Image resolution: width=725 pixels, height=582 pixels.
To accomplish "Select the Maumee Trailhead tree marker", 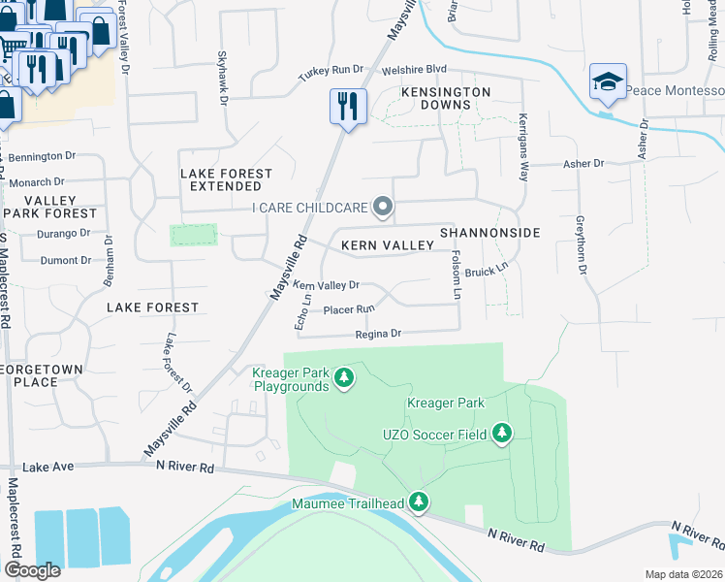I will pos(419,502).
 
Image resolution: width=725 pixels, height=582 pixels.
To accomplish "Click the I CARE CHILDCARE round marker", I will pos(384,207).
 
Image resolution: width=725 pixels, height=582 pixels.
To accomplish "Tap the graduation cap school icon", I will pos(607,81).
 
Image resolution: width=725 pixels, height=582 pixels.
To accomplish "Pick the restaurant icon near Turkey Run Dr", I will pos(347,105).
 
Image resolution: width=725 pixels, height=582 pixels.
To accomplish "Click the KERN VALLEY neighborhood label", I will pos(387,245).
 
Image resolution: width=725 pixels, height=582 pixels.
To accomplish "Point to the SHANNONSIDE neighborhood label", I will pos(489,233).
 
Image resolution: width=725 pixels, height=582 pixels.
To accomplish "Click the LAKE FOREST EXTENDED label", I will pos(226,179).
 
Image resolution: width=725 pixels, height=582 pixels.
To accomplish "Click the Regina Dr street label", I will pos(378,334).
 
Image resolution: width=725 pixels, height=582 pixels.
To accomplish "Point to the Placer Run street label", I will pos(349,309).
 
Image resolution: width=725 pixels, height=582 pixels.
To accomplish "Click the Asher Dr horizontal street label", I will pos(584,164).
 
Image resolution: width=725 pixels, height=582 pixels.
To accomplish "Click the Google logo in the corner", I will pos(33,570).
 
